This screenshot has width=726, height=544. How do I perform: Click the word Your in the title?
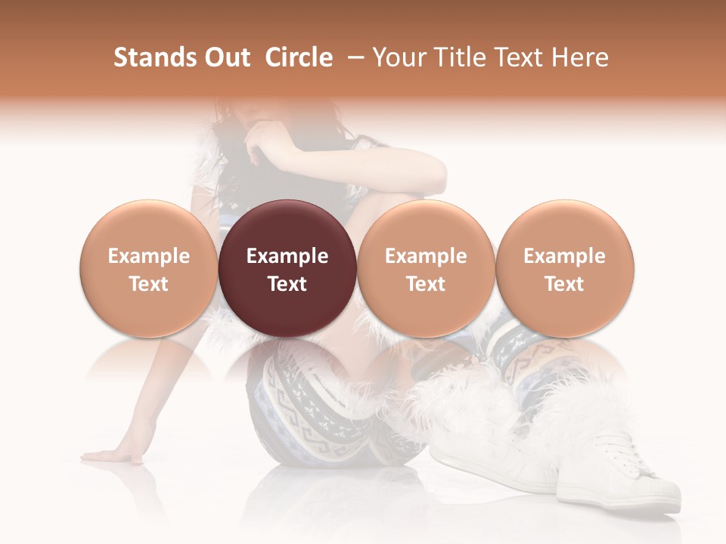coord(400,57)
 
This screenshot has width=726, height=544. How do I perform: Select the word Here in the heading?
coord(581,57)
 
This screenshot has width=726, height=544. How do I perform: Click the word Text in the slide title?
coord(521,57)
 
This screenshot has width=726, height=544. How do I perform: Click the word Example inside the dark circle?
coord(287,256)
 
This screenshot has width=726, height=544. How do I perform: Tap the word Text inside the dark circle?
coord(287,284)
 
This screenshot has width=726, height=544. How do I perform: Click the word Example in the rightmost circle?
coord(564,256)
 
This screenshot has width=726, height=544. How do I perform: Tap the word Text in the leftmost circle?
coord(148,284)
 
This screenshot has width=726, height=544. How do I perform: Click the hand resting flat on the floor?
coord(113,456)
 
